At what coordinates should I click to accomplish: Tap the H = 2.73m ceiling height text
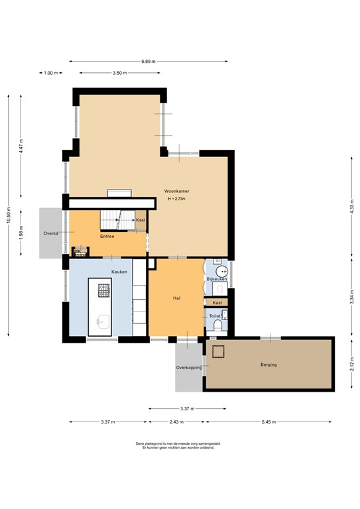click(176, 199)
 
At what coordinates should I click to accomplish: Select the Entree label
click(107, 236)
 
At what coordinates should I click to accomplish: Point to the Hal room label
click(176, 299)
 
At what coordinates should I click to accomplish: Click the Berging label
click(269, 365)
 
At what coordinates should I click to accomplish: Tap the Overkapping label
click(188, 367)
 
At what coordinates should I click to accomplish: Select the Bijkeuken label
click(217, 280)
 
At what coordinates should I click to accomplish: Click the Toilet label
click(214, 317)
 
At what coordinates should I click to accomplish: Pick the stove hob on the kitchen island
click(103, 290)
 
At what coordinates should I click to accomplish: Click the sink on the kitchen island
click(103, 322)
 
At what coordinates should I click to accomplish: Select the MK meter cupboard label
click(79, 251)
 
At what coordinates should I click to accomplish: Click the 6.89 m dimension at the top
click(148, 62)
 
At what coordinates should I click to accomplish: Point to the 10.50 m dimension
click(9, 213)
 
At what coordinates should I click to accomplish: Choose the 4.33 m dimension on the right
click(352, 206)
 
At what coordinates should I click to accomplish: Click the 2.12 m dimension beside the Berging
click(352, 364)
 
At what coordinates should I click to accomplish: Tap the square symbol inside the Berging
click(219, 350)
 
